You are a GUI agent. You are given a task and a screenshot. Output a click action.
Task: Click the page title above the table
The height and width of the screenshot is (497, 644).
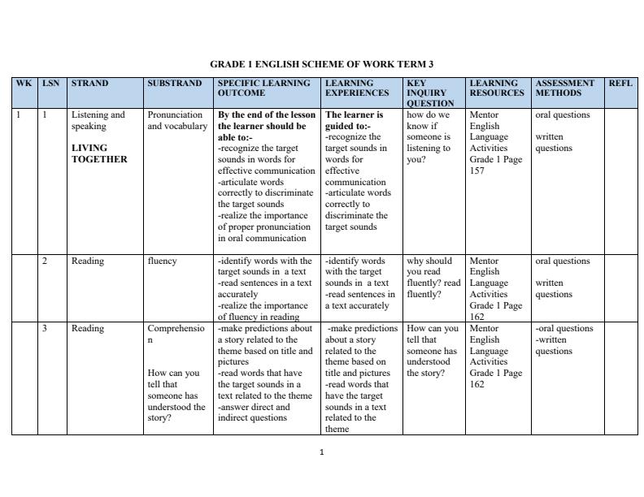[x=321, y=64]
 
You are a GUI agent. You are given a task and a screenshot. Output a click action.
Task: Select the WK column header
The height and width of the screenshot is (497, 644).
[x=24, y=84]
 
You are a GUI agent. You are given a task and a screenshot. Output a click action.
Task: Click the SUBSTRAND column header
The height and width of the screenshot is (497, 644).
[x=175, y=84]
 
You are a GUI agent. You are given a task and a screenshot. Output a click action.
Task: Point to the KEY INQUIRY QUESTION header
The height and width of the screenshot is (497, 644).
[x=430, y=93]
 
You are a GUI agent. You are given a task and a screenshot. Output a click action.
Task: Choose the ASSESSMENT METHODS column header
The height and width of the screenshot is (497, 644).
[x=564, y=88]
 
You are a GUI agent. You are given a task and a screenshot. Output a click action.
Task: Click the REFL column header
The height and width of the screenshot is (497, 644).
[x=620, y=84]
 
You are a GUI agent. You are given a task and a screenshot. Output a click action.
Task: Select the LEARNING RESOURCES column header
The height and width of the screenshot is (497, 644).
[x=494, y=88]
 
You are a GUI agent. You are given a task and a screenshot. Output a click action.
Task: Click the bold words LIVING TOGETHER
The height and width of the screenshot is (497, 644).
[x=99, y=153]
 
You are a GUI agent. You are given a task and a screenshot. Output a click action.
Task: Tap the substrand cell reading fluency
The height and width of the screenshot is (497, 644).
[x=163, y=261]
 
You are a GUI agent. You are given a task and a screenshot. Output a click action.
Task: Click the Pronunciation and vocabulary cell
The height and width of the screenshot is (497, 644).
[x=177, y=120]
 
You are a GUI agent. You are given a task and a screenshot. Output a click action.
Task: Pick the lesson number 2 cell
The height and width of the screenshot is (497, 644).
[x=46, y=261]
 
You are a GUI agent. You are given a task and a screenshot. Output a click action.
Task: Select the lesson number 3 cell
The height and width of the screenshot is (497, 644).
[x=46, y=329]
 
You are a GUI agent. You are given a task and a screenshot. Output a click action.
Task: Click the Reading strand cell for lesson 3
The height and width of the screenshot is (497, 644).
[x=87, y=329]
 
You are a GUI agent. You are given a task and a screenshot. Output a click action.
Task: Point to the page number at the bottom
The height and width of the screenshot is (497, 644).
[x=322, y=452]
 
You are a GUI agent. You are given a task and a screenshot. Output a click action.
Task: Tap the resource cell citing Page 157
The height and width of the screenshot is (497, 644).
[x=496, y=143]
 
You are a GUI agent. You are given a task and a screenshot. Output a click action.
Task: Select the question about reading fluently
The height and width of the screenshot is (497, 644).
[x=433, y=278]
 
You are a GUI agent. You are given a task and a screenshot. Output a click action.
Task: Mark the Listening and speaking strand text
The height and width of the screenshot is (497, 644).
[x=98, y=120]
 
